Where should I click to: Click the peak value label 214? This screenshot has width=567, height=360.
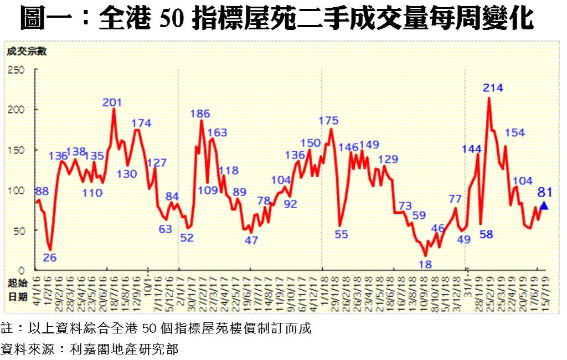coord(493,88)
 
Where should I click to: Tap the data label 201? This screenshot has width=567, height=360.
coord(113,102)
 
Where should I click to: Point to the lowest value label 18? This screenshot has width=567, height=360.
coord(425,264)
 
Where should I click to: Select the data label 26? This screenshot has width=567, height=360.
coord(50,258)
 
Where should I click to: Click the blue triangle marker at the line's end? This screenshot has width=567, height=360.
coord(544,206)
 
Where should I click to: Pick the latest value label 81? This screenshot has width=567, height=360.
coord(545,193)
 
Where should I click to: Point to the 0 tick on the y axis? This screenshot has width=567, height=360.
coord(22,270)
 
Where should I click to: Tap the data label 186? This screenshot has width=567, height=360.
coord(200,114)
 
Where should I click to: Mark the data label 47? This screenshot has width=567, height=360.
coord(251,240)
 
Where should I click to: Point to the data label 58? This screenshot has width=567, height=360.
coord(486,234)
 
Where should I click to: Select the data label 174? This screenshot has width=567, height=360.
coord(141,122)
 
